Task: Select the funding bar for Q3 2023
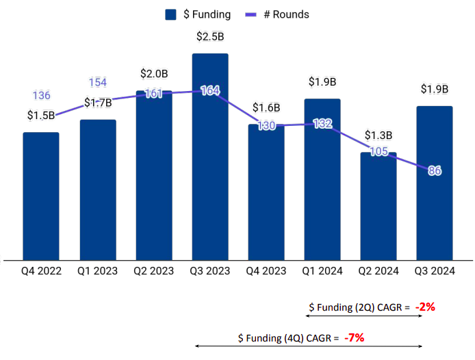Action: [x=210, y=157]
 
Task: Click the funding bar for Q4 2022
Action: [x=41, y=196]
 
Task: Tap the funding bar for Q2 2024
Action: [x=378, y=205]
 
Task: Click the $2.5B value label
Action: [x=210, y=36]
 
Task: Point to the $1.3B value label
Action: [x=378, y=135]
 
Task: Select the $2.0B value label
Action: [x=154, y=73]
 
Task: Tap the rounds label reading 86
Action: [x=435, y=170]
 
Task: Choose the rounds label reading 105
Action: [x=378, y=151]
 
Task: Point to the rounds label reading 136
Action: [x=41, y=96]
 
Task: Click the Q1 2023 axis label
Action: [x=97, y=271]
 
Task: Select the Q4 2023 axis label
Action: [x=266, y=271]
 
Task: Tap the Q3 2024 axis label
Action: [x=435, y=271]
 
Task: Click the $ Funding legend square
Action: [x=171, y=14]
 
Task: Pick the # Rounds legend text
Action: [x=286, y=14]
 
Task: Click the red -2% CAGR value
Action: [x=424, y=307]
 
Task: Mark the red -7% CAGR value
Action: [x=354, y=337]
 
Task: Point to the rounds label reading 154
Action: [x=97, y=83]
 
